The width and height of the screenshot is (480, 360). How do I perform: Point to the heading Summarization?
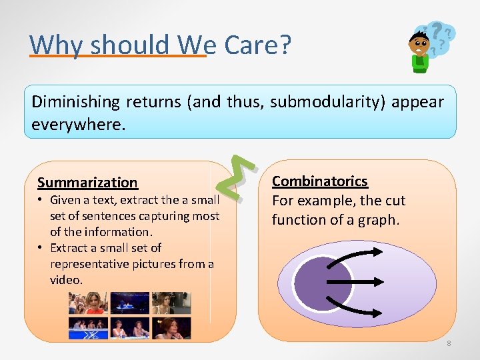(x=87, y=183)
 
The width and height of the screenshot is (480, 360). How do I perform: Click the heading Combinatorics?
(x=319, y=181)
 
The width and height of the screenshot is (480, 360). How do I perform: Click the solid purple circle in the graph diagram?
(x=323, y=283)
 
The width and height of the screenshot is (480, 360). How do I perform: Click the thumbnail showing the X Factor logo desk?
(x=88, y=328)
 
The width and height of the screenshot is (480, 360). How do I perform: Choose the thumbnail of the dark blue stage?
(x=129, y=303)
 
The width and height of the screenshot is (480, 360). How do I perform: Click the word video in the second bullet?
(x=65, y=280)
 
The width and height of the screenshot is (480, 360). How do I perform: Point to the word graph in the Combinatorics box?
(x=378, y=220)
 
